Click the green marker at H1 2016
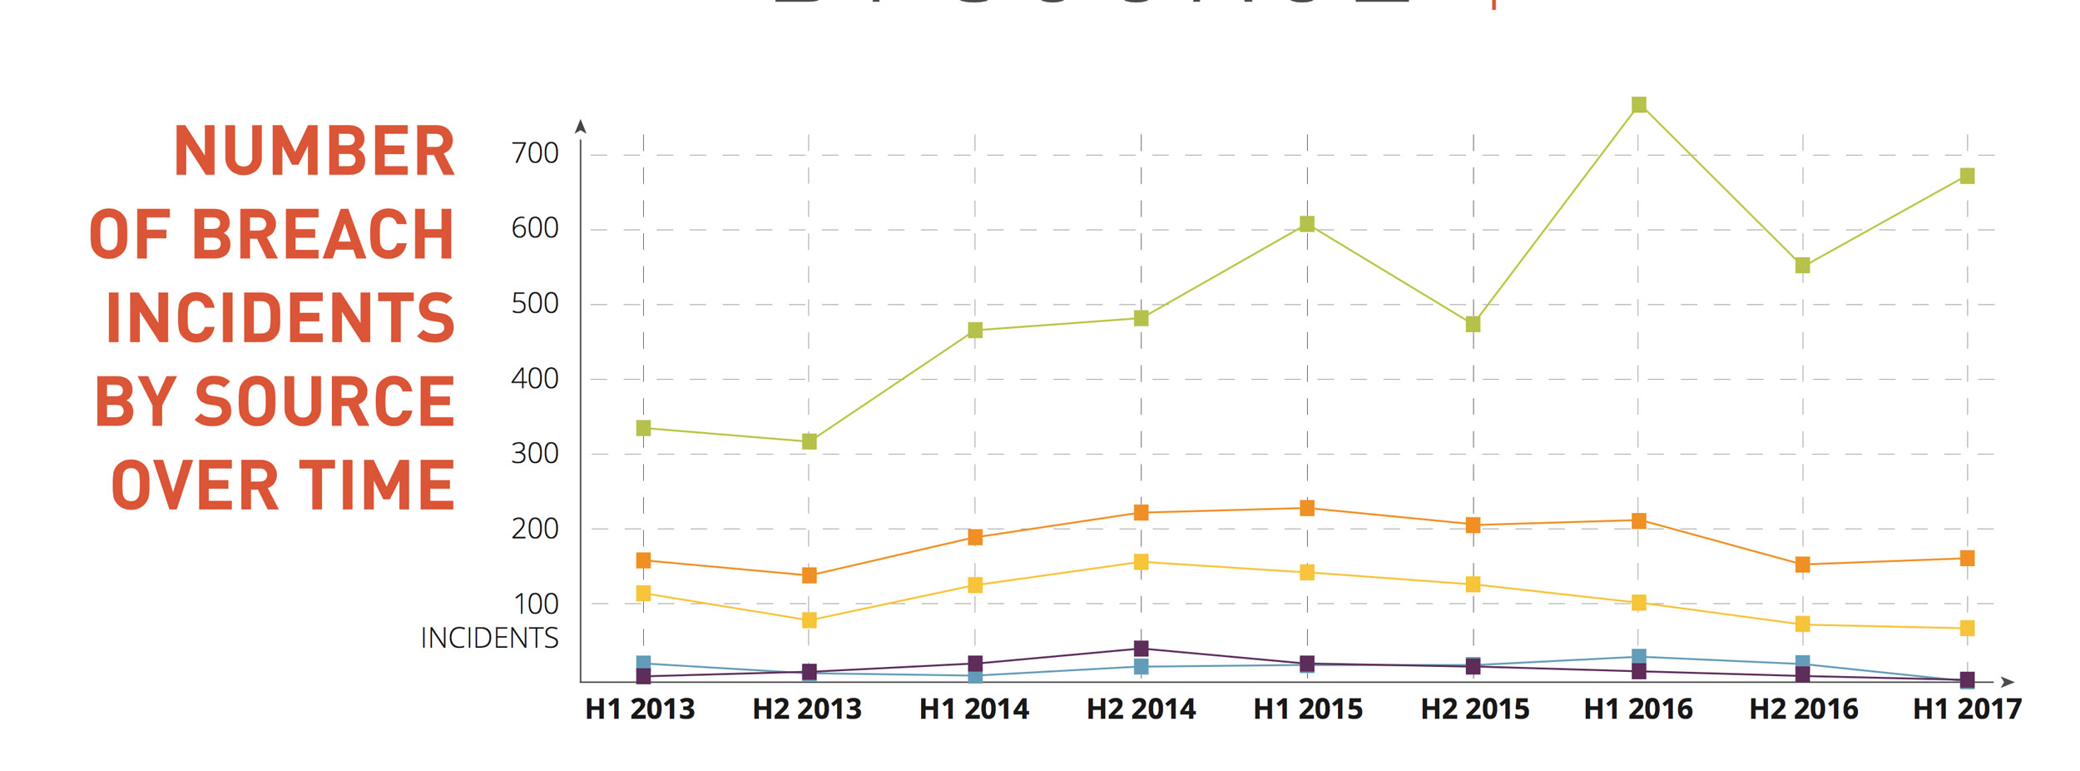(1638, 105)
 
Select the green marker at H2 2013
(809, 441)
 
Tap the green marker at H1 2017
(1967, 176)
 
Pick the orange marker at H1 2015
(1307, 508)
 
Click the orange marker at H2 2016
(1802, 565)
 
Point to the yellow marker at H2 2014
(1141, 562)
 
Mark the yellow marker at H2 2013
(809, 620)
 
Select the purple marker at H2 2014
(1141, 649)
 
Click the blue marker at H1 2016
(1638, 657)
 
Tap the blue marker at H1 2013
(643, 663)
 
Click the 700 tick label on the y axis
(534, 153)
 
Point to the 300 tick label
(534, 454)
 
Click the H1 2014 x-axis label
(973, 709)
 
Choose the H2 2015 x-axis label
(1474, 709)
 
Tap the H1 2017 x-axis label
(1967, 709)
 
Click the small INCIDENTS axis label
(489, 638)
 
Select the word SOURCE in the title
(324, 401)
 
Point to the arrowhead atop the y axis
(581, 127)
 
